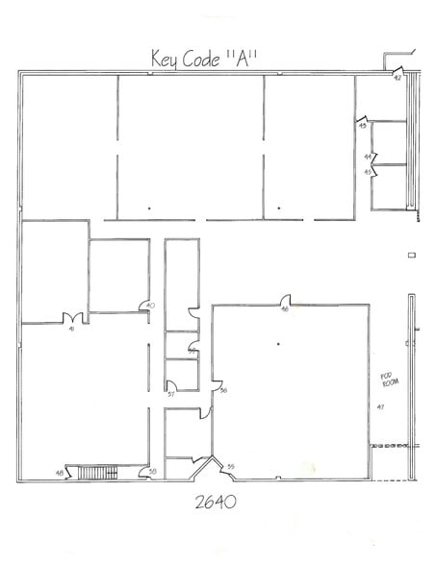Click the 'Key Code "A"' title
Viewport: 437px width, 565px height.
[206, 57]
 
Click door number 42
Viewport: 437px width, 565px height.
[397, 78]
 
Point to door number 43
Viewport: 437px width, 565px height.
[363, 126]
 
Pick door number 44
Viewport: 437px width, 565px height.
[368, 156]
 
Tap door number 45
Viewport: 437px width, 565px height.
[368, 171]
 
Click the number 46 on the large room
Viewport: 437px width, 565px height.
[285, 309]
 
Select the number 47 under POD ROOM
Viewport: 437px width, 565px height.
[381, 407]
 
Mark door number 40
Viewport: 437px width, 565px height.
[149, 306]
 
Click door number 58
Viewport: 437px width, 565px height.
[153, 471]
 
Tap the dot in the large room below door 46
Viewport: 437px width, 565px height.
[277, 343]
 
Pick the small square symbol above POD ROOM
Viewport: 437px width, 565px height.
[411, 255]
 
